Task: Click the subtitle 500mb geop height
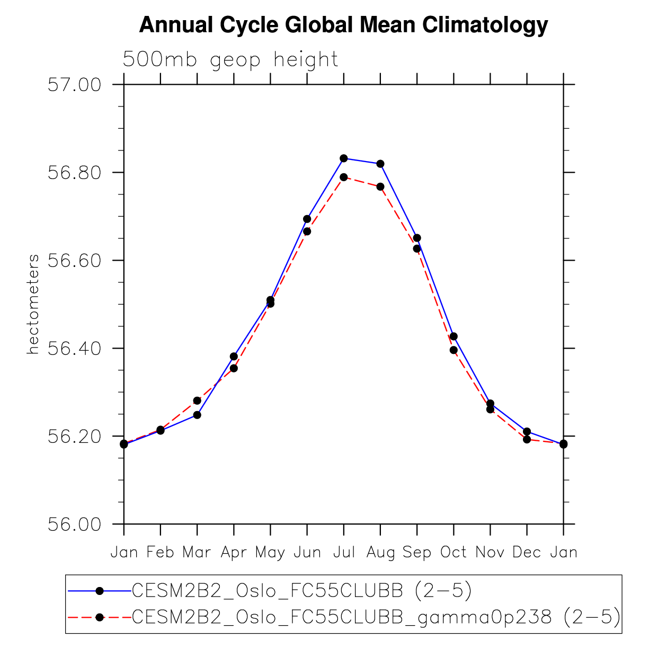(x=230, y=59)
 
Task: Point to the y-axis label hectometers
(x=33, y=304)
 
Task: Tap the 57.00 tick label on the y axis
(x=74, y=85)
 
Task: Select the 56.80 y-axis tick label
(x=74, y=173)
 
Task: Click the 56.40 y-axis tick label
(x=74, y=349)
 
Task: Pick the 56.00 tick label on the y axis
(x=74, y=524)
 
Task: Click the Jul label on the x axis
(x=344, y=553)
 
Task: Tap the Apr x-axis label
(x=234, y=553)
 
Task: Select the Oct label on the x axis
(x=454, y=553)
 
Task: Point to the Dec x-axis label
(x=527, y=553)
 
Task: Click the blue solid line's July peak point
(x=344, y=158)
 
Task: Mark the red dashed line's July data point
(x=344, y=177)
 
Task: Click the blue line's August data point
(x=380, y=164)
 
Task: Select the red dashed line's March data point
(x=197, y=401)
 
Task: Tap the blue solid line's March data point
(x=197, y=415)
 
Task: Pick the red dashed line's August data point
(x=380, y=186)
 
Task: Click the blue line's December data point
(x=527, y=431)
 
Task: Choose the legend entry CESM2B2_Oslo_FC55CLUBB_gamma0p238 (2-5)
(x=376, y=617)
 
